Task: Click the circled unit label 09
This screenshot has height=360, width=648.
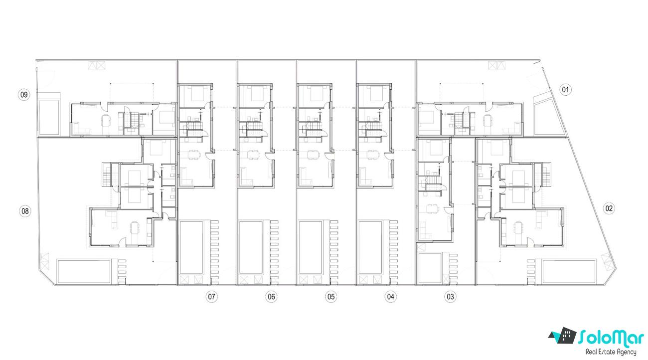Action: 24,95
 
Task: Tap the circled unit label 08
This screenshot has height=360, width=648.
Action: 25,211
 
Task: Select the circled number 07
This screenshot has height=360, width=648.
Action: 212,297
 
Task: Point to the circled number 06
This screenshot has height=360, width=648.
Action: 271,297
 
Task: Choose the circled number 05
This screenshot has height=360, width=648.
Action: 331,297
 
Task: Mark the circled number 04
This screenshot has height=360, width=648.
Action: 390,297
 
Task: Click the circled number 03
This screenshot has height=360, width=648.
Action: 451,297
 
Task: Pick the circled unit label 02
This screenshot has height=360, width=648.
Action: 609,208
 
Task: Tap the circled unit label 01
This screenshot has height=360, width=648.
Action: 565,89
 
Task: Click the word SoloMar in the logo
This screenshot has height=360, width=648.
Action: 611,338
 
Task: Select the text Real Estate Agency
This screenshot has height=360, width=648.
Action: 611,352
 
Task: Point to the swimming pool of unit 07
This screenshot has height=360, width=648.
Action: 191,247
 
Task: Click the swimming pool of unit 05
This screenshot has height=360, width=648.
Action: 311,247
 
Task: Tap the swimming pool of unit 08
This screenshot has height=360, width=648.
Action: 84,271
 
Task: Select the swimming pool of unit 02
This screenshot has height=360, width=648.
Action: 569,271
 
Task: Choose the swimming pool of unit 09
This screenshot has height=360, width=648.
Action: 49,114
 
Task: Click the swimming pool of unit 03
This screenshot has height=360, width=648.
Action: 430,268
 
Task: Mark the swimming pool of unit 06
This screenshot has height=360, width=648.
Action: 251,247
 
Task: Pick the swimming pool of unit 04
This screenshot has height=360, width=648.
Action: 370,247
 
